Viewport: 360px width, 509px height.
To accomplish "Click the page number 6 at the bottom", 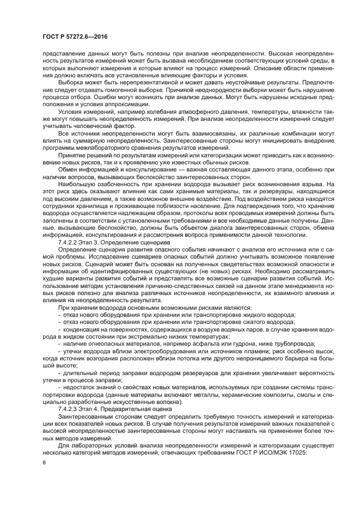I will point(44,462).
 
